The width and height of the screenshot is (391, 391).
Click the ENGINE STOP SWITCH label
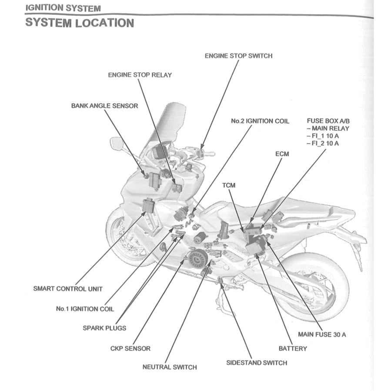238,56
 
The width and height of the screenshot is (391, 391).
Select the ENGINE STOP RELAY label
140,75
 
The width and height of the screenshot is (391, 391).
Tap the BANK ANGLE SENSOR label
104,106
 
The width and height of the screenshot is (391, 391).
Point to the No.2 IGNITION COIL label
260,121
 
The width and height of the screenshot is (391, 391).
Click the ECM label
282,154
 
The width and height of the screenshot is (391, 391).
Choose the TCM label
228,185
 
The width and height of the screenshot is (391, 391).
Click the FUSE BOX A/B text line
327,121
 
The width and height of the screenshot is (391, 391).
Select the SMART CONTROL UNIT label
68,288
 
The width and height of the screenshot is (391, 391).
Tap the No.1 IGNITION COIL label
85,309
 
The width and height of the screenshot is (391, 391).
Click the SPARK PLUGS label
104,328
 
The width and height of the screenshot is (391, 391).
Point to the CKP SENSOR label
130,348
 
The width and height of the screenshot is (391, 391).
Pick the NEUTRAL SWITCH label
170,367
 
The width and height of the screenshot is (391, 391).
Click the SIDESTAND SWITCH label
257,363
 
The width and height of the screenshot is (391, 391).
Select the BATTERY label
292,348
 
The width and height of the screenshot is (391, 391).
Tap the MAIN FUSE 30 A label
322,334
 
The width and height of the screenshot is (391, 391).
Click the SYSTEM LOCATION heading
80,23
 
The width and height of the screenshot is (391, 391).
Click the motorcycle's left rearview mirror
117,143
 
